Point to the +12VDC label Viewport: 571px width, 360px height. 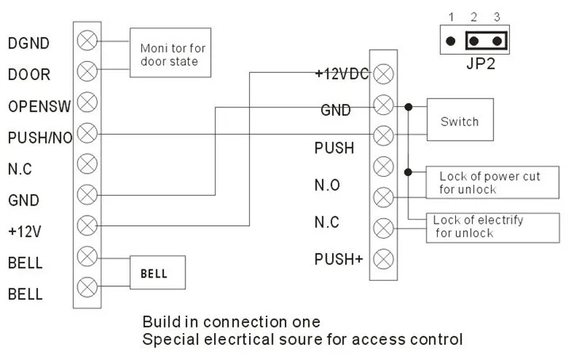pos(342,74)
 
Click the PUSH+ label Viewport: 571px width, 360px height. pos(339,258)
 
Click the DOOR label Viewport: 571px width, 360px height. pos(29,74)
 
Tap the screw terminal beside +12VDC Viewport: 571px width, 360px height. pos(384,74)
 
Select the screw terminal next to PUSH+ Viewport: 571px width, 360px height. pos(384,258)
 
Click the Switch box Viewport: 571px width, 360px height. pos(460,121)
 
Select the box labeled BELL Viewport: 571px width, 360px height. pos(159,273)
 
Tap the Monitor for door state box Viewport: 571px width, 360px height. pos(171,55)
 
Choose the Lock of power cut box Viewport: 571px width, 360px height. pos(489,182)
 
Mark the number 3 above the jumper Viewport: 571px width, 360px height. pos(496,17)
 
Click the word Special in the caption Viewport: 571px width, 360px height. pos(170,340)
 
